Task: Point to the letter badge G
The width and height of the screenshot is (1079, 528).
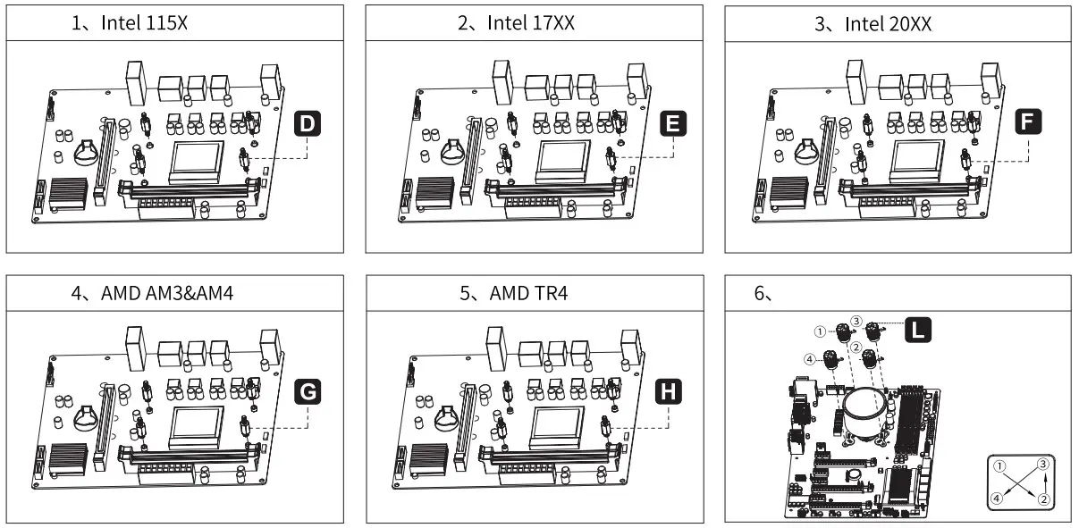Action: click(307, 390)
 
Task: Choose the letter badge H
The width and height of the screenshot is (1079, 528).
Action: click(668, 390)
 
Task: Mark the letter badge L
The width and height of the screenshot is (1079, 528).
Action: click(917, 331)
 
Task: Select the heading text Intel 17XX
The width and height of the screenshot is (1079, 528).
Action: click(530, 24)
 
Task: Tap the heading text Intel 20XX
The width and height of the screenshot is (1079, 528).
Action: click(888, 24)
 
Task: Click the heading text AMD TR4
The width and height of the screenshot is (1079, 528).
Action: click(527, 293)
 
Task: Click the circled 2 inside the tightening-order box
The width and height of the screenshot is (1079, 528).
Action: click(1042, 499)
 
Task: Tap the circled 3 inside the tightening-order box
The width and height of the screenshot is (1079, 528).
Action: click(1042, 465)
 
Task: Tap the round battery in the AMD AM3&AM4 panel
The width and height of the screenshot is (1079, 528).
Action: click(88, 416)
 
